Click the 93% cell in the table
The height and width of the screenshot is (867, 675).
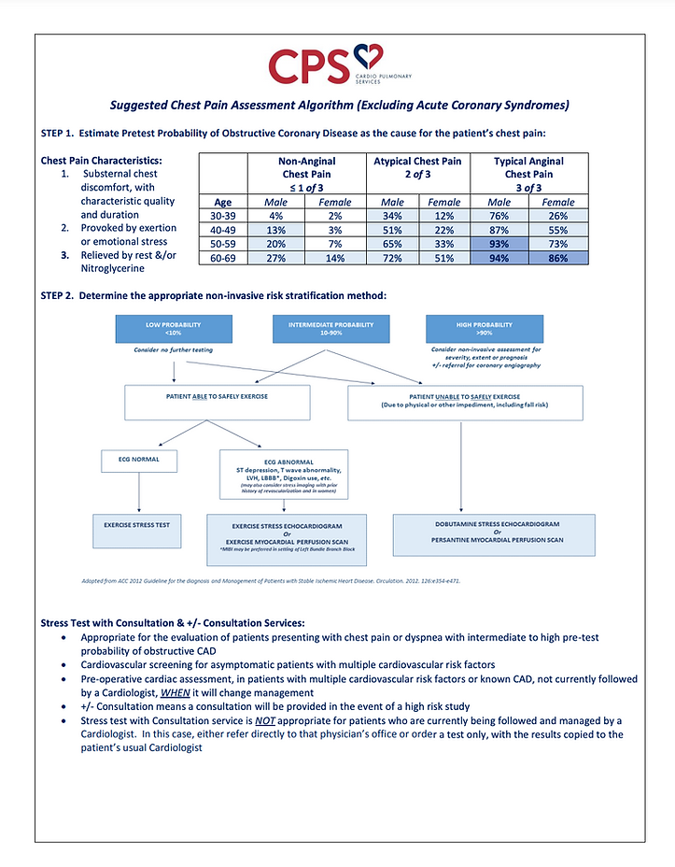(501, 245)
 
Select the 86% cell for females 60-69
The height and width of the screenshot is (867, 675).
(558, 259)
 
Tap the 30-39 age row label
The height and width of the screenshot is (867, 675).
(223, 216)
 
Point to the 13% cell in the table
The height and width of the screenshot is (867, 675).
(274, 231)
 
